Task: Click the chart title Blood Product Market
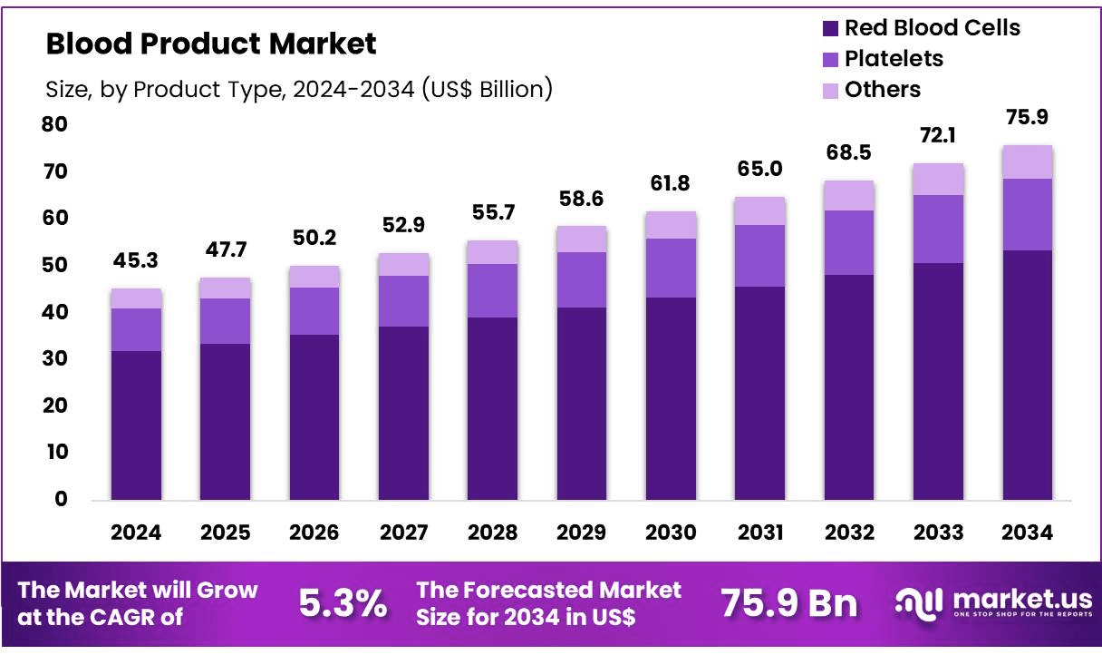(x=210, y=44)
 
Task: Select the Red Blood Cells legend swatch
(x=830, y=28)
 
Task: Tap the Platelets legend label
(x=894, y=59)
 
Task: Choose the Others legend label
(x=882, y=90)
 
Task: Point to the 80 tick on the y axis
(x=54, y=124)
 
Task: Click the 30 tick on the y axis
(x=54, y=358)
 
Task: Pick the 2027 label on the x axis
(x=403, y=533)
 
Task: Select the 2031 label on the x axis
(x=759, y=533)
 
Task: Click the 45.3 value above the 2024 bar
(x=136, y=262)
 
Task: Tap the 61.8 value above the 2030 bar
(x=671, y=184)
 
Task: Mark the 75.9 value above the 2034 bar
(x=1028, y=118)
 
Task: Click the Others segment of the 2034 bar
(x=1028, y=161)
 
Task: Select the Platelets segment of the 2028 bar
(x=493, y=290)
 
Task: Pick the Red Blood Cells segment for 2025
(x=226, y=421)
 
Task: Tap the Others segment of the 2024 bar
(x=136, y=298)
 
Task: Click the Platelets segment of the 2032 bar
(x=849, y=242)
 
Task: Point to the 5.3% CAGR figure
(x=342, y=603)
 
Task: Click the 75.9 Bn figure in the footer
(x=788, y=603)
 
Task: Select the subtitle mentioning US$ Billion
(x=298, y=89)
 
